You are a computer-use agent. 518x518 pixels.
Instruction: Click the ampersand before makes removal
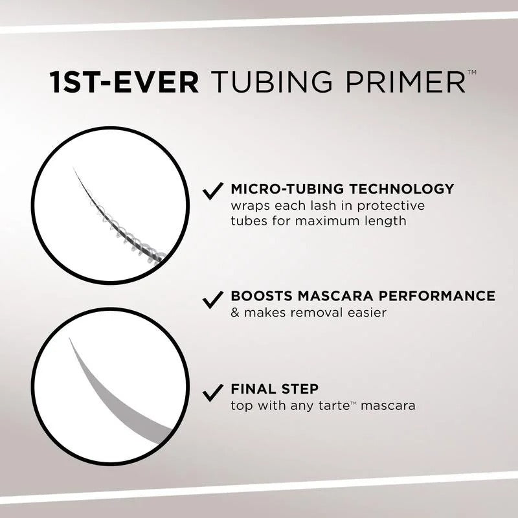click(234, 313)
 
